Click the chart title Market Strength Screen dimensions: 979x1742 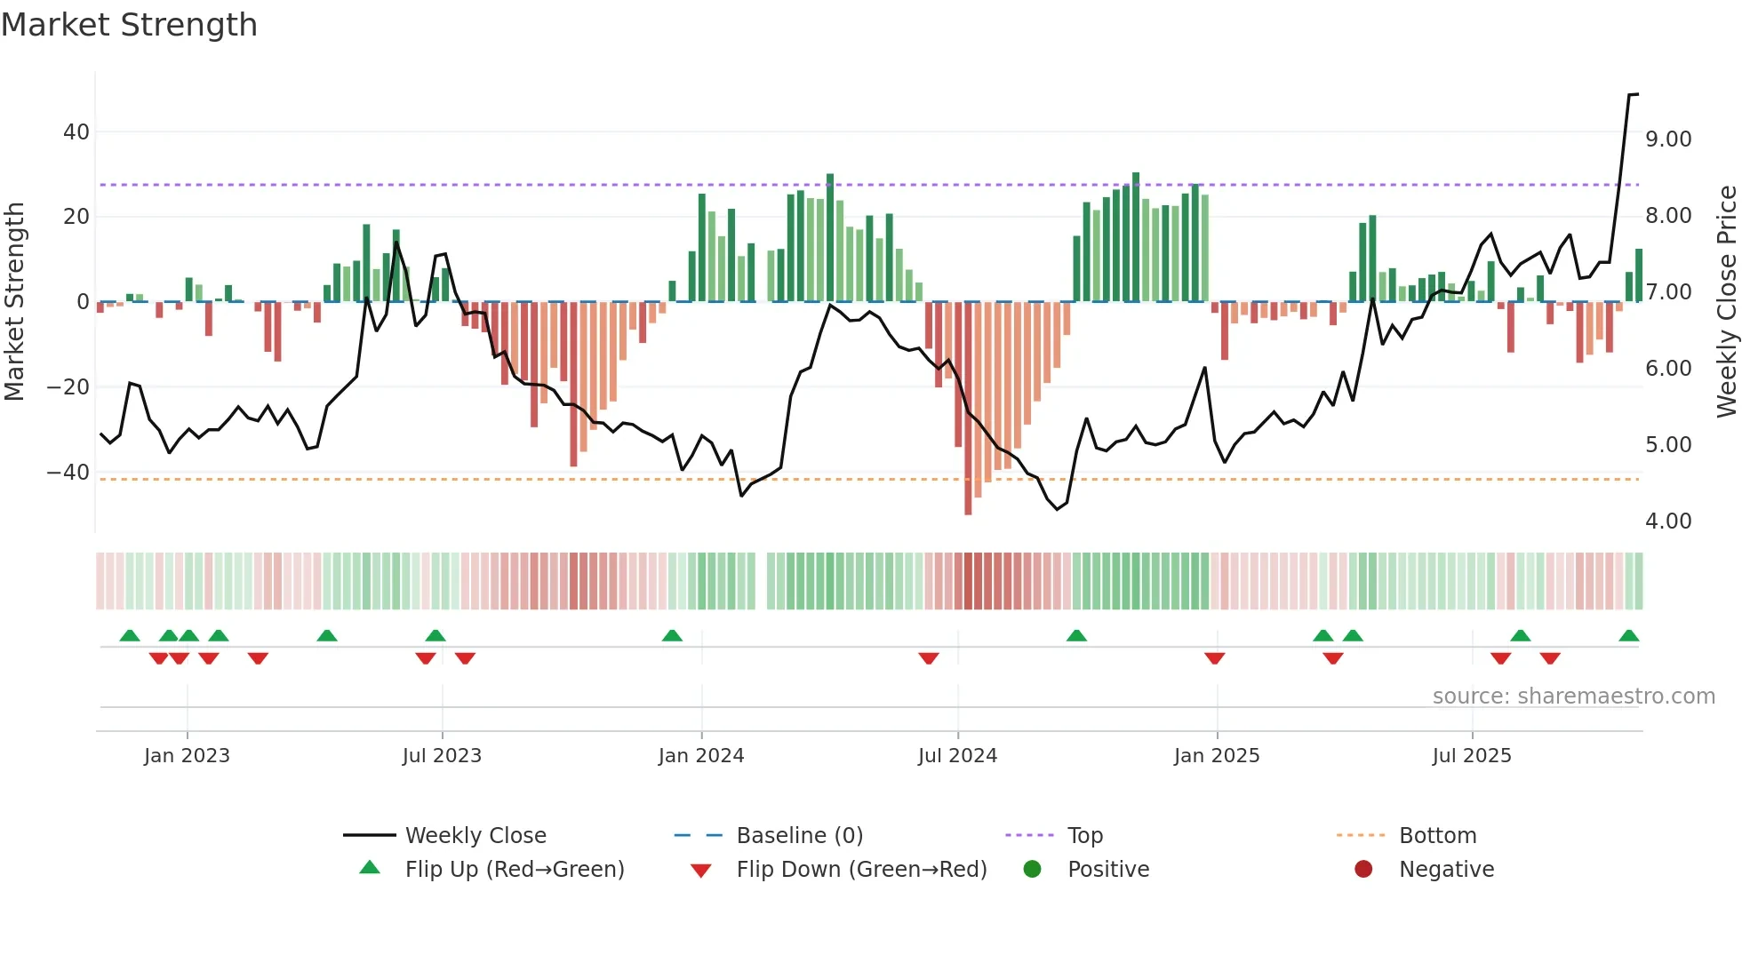[x=129, y=25]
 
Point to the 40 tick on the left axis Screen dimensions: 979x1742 [x=76, y=132]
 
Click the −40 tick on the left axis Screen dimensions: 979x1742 [x=68, y=473]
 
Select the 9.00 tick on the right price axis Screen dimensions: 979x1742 [x=1667, y=139]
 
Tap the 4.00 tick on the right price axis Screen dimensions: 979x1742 [x=1667, y=521]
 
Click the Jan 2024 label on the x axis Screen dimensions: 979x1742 [x=701, y=756]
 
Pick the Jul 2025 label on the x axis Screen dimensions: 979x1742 [x=1471, y=756]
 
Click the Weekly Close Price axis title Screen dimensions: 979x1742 [x=1726, y=301]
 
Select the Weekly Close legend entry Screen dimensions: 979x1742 [x=475, y=836]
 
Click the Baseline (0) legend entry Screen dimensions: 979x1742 [x=799, y=836]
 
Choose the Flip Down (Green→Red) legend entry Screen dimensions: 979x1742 [x=861, y=870]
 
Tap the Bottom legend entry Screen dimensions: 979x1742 [x=1437, y=836]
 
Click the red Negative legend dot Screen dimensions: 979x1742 [x=1363, y=870]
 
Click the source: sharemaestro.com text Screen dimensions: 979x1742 [x=1573, y=696]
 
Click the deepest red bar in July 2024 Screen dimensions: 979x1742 [x=968, y=409]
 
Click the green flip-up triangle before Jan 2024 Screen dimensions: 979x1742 [x=672, y=636]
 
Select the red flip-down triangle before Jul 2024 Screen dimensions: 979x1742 [x=929, y=658]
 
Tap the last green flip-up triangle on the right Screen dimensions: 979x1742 [x=1628, y=636]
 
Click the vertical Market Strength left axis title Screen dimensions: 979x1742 [x=15, y=301]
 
